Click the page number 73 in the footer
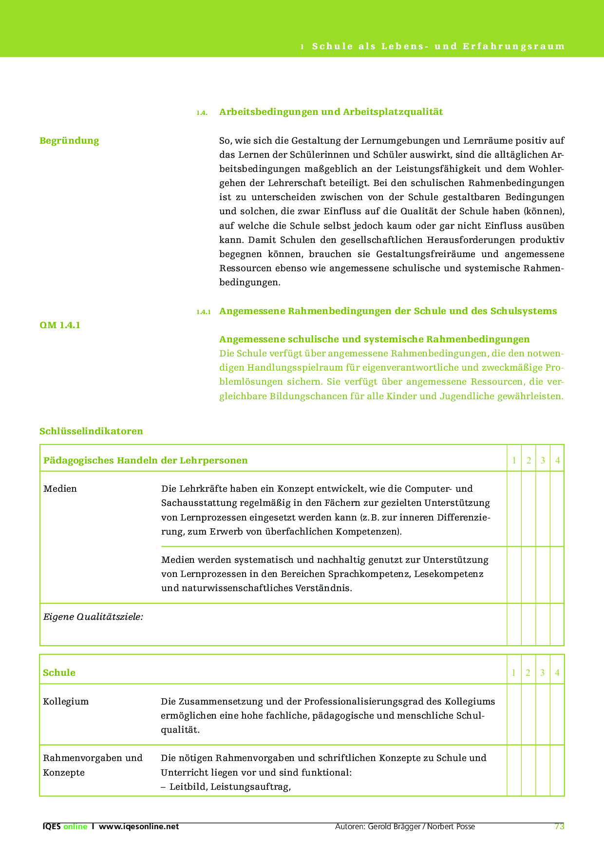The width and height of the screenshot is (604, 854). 559,826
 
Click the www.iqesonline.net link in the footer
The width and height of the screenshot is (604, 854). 139,826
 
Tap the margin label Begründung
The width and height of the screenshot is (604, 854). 69,141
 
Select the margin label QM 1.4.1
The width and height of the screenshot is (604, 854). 60,325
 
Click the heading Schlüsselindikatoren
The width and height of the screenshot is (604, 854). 91,431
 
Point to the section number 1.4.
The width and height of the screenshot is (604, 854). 202,113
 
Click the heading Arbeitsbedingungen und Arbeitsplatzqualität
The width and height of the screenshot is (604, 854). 331,112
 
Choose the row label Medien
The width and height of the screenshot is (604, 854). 60,489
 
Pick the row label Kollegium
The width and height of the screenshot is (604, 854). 66,702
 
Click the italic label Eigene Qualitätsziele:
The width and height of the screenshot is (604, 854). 93,617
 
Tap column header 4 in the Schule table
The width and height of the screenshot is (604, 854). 557,673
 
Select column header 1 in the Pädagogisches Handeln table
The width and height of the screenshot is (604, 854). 514,461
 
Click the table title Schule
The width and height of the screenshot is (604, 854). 59,673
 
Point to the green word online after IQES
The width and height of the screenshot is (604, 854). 75,826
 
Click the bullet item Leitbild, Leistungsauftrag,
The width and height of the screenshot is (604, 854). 230,786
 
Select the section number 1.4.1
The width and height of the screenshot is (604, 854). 203,312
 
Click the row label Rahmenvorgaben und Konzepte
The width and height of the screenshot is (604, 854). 93,765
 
